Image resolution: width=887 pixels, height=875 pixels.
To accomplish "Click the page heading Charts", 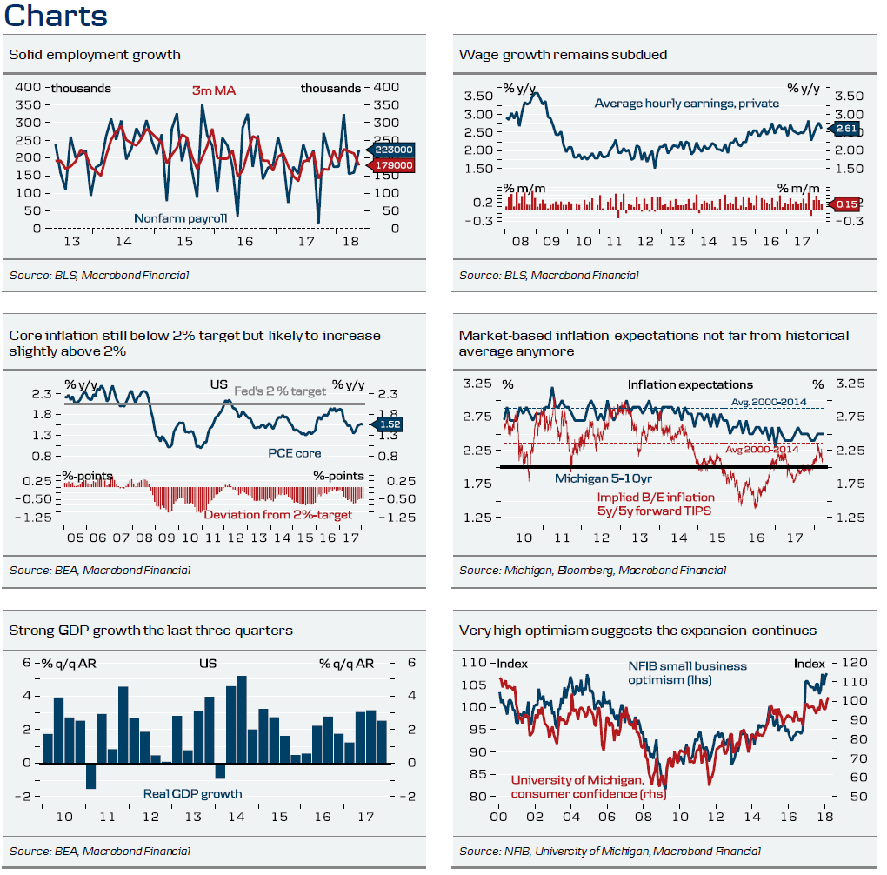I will tap(57, 16).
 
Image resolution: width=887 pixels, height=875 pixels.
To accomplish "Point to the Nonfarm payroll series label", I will tap(180, 217).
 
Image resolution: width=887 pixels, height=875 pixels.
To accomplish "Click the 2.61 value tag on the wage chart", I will tap(846, 129).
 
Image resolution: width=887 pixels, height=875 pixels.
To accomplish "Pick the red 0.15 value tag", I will tap(846, 204).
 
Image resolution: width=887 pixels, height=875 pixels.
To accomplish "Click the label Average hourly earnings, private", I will tap(686, 104).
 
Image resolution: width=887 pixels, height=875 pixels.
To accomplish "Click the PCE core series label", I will tap(295, 452).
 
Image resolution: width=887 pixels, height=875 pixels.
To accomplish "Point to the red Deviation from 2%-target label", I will tap(278, 515).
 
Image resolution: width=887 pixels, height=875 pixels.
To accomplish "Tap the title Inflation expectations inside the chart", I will tap(690, 384).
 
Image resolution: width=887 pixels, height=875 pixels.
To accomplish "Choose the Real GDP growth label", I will tap(192, 793).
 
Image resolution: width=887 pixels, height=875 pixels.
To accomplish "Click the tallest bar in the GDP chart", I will tap(242, 719).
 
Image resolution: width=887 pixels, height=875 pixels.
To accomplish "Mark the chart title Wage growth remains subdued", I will tap(563, 55).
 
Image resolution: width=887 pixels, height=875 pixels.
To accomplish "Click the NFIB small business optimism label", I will tap(687, 672).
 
